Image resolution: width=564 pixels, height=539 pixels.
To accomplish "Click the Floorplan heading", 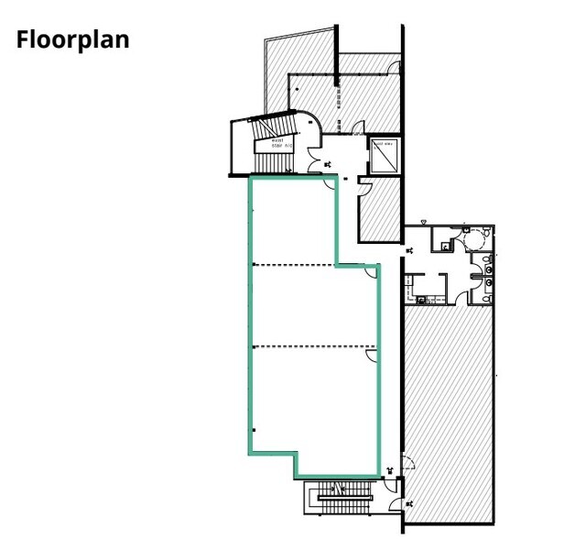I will click(x=72, y=40).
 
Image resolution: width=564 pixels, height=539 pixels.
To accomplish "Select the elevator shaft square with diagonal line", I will click(x=382, y=155).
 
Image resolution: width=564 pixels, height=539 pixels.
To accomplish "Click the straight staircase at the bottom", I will click(x=340, y=500).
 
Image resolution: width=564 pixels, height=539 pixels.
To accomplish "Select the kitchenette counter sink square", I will click(x=423, y=298).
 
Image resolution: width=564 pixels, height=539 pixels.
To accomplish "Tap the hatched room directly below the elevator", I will click(x=378, y=211).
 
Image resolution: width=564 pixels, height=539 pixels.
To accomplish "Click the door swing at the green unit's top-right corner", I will click(x=372, y=269).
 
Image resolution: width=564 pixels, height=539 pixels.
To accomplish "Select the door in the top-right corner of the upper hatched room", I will click(x=393, y=67).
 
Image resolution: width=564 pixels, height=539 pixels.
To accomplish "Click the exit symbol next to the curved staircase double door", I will click(x=329, y=164).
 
